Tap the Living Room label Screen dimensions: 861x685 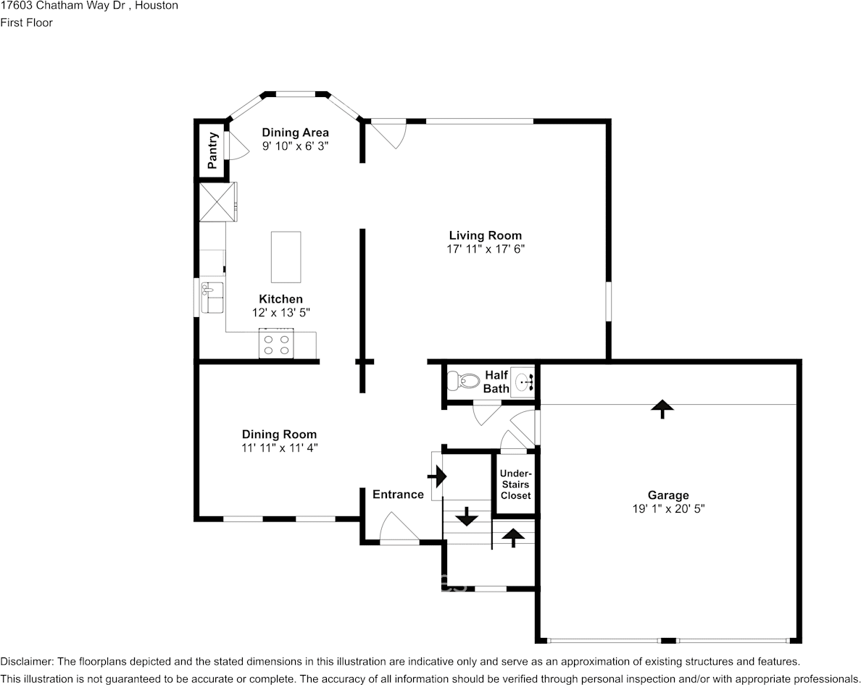coord(486,235)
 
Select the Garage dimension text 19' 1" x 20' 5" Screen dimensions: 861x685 coord(668,508)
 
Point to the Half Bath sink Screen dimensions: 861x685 coord(523,379)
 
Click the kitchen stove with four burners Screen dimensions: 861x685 coord(276,343)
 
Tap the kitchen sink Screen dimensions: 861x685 coord(212,298)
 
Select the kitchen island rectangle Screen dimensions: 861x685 coord(286,256)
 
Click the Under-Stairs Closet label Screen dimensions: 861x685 coord(515,484)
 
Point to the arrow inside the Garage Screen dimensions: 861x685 coord(662,409)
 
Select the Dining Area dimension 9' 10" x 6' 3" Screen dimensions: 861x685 coord(296,146)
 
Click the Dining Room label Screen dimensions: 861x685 coord(280,434)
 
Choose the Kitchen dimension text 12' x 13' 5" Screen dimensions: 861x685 coord(281,313)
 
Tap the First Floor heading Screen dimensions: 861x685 coord(26,22)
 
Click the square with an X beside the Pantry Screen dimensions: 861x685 coord(218,202)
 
